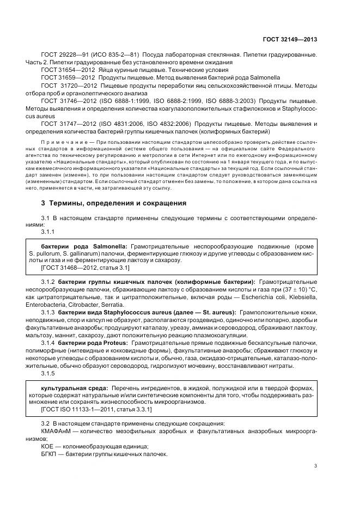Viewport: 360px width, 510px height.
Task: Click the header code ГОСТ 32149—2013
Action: tap(290, 39)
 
